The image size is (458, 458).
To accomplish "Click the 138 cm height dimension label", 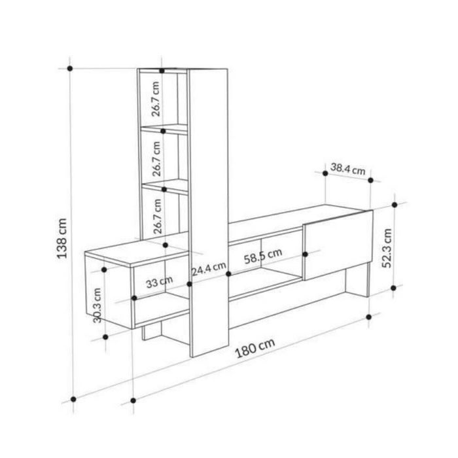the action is coord(62,238).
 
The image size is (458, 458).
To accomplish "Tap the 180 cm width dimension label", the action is coord(255,348).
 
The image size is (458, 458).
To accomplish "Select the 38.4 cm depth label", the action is coord(348,169).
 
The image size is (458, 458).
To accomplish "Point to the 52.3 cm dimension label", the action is coord(387,248).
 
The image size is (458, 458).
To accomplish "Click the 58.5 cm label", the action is coord(263,256).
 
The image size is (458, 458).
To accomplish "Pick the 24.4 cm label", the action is coord(209,269).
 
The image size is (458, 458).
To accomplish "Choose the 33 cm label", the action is coord(159,282).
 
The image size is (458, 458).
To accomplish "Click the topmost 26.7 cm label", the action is coord(156,99).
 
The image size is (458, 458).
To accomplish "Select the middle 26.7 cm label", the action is coord(156,158).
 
